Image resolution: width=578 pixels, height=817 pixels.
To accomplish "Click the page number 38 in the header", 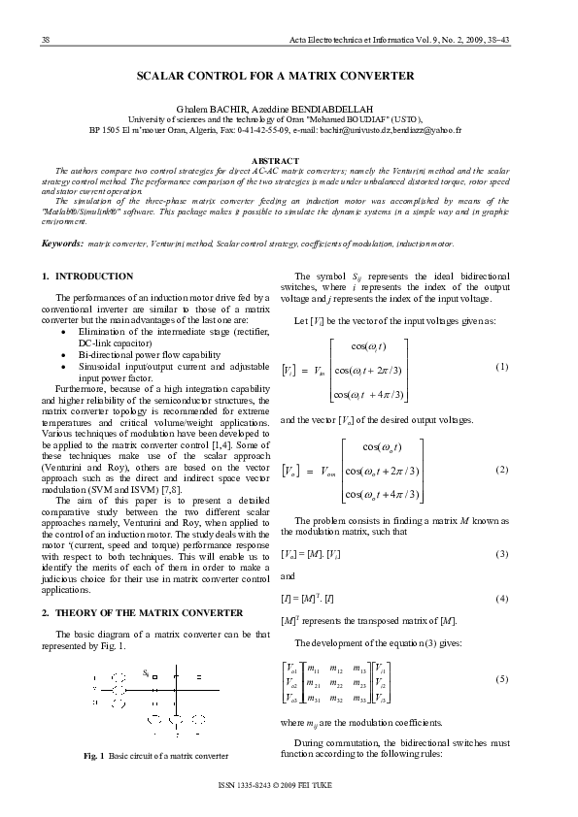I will [45, 38].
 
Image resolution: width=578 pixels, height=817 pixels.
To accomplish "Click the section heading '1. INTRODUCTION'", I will [88, 277].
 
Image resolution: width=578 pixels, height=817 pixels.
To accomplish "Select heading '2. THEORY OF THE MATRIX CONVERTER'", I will [142, 612].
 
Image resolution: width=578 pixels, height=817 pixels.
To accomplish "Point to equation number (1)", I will [502, 368].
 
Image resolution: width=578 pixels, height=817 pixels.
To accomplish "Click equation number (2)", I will [502, 470].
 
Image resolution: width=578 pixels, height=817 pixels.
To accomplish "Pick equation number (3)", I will [502, 553].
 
